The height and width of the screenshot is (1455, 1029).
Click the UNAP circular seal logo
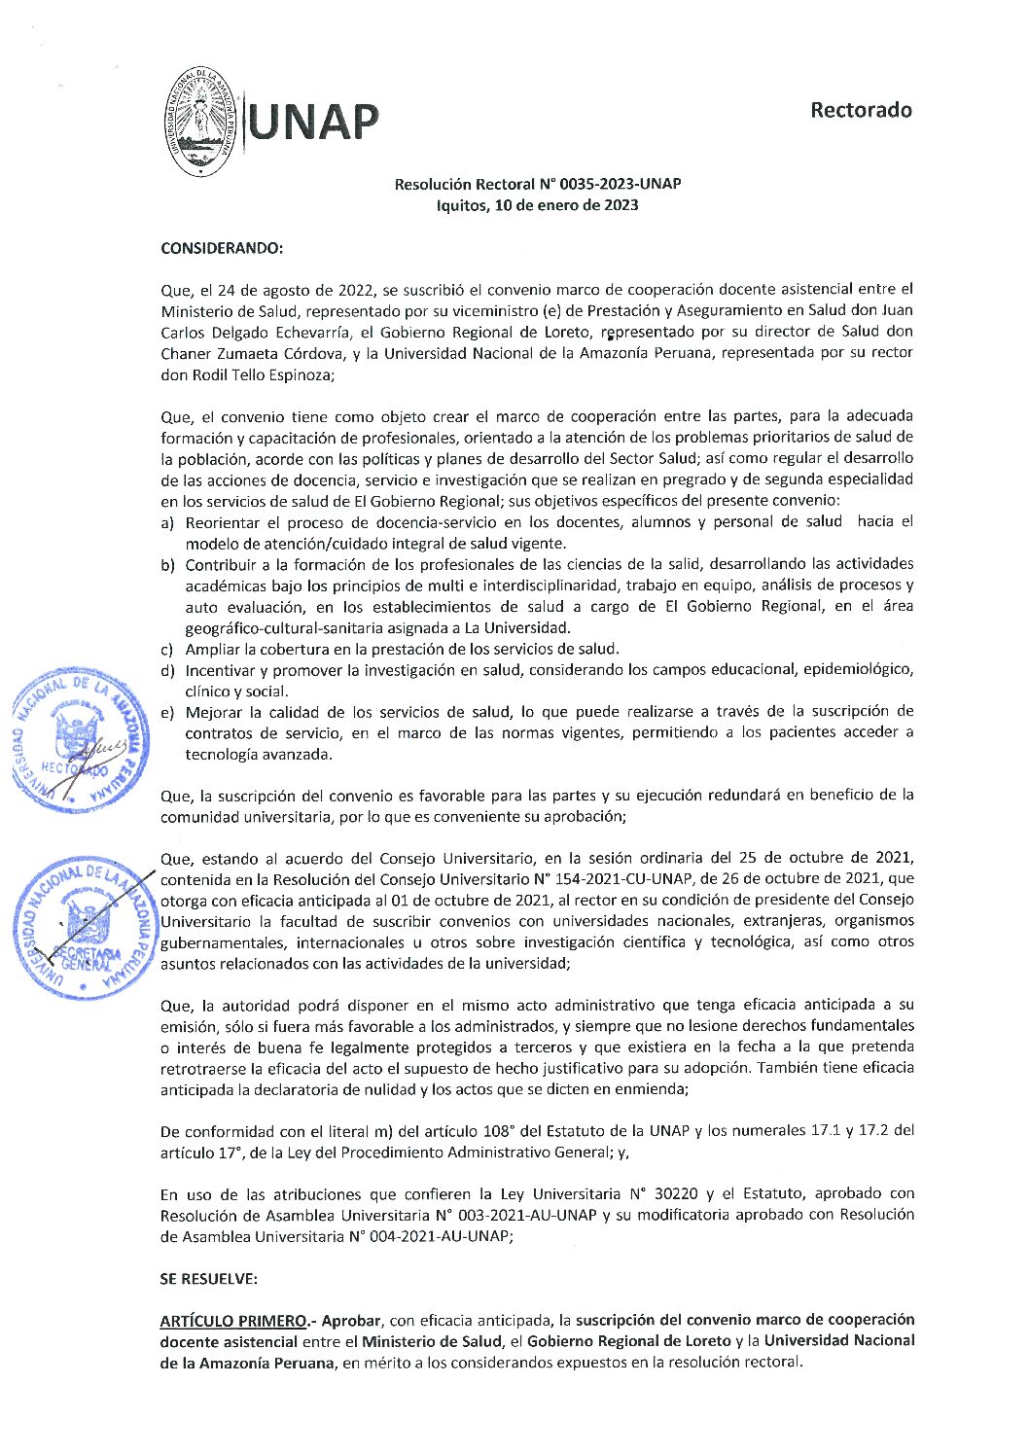(201, 122)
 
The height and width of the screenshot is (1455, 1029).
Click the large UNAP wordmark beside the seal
(313, 123)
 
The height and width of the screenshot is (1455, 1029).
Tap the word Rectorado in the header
(861, 110)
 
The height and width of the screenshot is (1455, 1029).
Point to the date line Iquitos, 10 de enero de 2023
(537, 205)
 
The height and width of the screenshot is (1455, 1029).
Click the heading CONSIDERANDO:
(221, 248)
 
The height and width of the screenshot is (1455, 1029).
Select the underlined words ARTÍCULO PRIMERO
(233, 1321)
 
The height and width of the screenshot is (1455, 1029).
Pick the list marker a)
(167, 522)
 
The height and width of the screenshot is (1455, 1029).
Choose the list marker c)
(167, 650)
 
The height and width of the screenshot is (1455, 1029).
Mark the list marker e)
(167, 713)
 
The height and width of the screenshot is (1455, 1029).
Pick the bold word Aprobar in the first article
(351, 1321)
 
